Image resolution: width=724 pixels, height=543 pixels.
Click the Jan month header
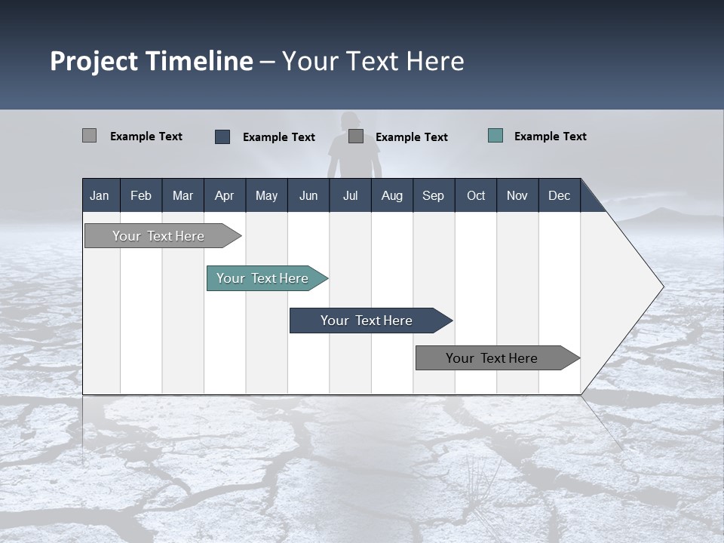(100, 195)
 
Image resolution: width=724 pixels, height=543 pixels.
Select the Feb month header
(141, 195)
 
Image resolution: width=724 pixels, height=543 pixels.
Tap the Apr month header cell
(224, 195)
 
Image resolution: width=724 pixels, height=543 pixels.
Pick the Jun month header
(308, 195)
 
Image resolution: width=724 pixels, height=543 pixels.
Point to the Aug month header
(391, 195)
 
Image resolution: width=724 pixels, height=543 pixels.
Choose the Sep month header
(433, 195)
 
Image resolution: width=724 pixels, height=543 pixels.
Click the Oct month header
(475, 195)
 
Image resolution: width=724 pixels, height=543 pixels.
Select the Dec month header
(559, 195)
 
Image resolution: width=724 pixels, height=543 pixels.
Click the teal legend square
(495, 136)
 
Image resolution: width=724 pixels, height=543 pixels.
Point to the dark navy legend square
(222, 137)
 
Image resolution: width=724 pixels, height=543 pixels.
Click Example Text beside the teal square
(550, 136)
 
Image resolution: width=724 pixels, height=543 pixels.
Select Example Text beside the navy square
(278, 137)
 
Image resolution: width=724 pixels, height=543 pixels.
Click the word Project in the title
(94, 61)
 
